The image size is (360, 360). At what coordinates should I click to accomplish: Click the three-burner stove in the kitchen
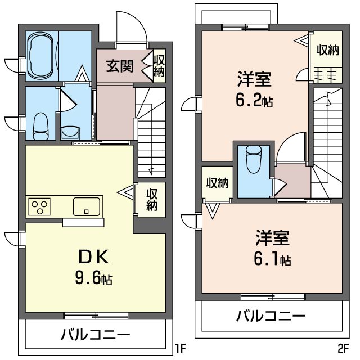tap(39, 206)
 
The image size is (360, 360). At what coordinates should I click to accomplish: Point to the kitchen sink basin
tap(86, 206)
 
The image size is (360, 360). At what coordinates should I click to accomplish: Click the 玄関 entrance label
tap(120, 66)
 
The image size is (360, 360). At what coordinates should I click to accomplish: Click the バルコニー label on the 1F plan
tap(96, 336)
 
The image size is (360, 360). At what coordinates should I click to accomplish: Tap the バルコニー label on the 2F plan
tap(270, 315)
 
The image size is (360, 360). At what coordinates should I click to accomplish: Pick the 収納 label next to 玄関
tap(159, 65)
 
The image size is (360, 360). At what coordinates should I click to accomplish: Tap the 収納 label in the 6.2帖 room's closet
tap(327, 50)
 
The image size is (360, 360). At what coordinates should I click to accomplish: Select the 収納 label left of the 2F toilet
tap(217, 183)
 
